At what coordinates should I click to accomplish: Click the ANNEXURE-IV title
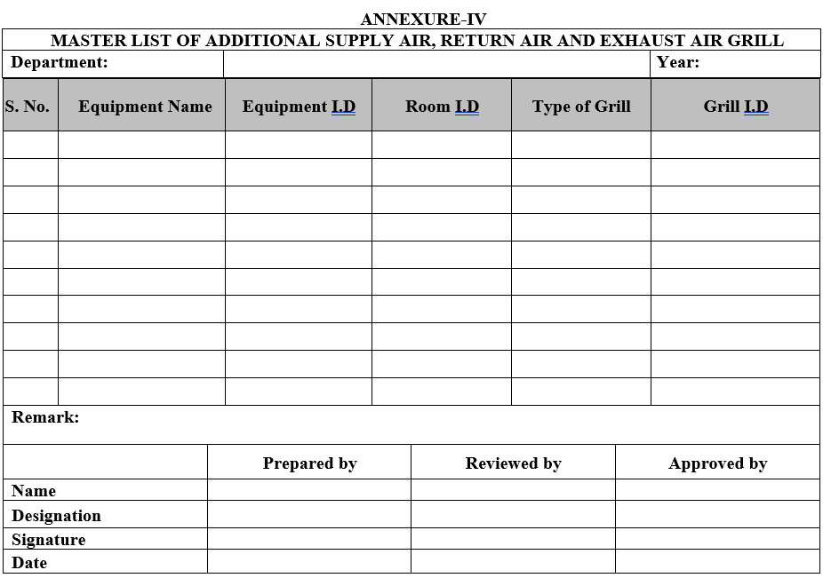(x=423, y=19)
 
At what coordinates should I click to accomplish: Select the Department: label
(x=60, y=62)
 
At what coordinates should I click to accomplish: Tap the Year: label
(x=677, y=62)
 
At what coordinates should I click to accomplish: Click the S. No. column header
(x=28, y=107)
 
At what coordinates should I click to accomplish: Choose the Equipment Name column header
(x=145, y=107)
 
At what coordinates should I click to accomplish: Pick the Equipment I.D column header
(x=299, y=107)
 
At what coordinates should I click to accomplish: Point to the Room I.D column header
(x=442, y=107)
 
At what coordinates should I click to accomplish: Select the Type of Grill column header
(x=581, y=107)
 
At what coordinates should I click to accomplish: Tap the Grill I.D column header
(x=735, y=107)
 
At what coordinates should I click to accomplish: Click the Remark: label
(x=45, y=417)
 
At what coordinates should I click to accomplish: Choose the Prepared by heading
(x=309, y=463)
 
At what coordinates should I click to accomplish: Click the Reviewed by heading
(x=513, y=463)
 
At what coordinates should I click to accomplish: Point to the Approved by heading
(x=717, y=463)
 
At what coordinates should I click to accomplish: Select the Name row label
(x=34, y=491)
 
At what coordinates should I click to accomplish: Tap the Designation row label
(x=56, y=516)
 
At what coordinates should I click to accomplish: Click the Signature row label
(x=49, y=540)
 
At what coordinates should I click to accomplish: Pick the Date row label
(x=29, y=563)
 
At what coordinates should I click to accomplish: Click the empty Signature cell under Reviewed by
(x=513, y=539)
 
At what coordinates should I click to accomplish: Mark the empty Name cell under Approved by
(x=717, y=490)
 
